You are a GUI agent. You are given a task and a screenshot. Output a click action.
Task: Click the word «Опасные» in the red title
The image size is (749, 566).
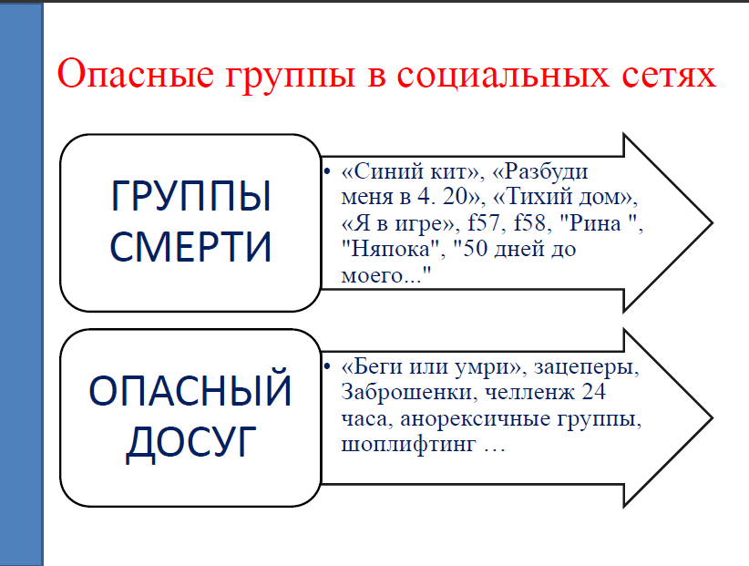pyautogui.click(x=136, y=74)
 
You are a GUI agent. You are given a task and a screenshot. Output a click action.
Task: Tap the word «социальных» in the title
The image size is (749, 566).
pyautogui.click(x=503, y=75)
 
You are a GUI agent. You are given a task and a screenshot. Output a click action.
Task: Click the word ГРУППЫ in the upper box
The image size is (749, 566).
pyautogui.click(x=191, y=196)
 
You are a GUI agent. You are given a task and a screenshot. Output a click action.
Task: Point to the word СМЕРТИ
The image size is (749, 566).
pyautogui.click(x=190, y=246)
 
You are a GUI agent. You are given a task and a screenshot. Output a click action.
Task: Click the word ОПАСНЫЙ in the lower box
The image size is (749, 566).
pyautogui.click(x=190, y=390)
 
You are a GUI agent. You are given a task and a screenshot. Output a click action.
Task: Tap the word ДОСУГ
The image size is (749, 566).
pyautogui.click(x=191, y=443)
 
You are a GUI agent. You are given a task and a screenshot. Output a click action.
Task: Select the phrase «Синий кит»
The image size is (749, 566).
pyautogui.click(x=410, y=171)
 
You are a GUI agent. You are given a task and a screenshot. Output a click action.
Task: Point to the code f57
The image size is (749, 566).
pyautogui.click(x=484, y=222)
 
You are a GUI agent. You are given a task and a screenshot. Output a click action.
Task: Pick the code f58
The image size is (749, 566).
pyautogui.click(x=529, y=222)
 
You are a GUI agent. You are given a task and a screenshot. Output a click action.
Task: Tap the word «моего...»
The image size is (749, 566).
pyautogui.click(x=386, y=275)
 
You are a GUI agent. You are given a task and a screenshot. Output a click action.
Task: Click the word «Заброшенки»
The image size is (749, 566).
pyautogui.click(x=406, y=392)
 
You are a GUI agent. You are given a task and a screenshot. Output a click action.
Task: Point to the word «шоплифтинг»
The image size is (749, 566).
pyautogui.click(x=408, y=445)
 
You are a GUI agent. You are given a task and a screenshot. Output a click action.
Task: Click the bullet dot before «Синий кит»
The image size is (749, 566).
pyautogui.click(x=327, y=170)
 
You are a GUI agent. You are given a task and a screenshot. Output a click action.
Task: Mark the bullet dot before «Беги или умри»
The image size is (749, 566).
pyautogui.click(x=327, y=365)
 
